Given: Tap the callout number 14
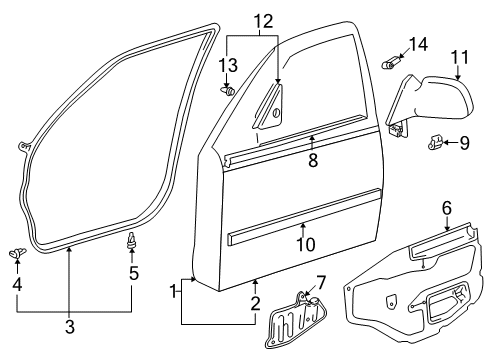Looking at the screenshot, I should tap(417, 44).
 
